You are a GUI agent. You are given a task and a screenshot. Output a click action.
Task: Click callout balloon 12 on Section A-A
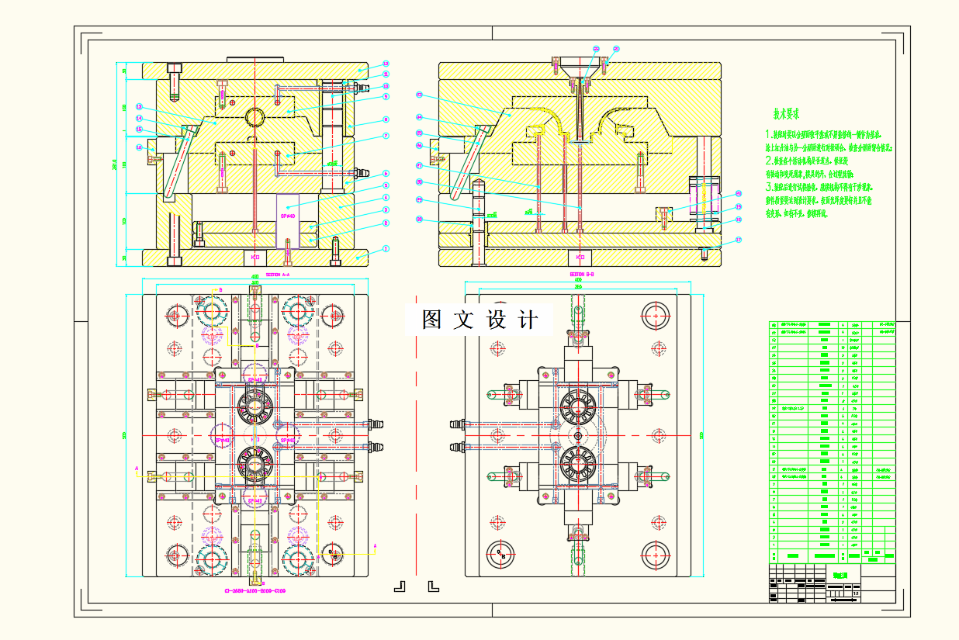point(386,64)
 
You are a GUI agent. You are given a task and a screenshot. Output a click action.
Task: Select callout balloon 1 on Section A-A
point(386,249)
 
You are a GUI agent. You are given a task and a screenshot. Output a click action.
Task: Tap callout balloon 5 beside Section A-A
point(386,186)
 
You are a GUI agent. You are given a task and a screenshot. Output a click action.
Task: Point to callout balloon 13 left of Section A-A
point(139,107)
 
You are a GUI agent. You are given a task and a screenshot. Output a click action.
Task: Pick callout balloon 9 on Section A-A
point(386,97)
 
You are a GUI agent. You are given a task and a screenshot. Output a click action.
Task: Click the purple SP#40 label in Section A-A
point(288,216)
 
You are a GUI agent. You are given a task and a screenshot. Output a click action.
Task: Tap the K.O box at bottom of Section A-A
point(254,256)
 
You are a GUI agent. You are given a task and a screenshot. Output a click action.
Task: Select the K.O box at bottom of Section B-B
point(579,256)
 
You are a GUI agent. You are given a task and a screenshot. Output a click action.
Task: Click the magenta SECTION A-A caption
point(278,275)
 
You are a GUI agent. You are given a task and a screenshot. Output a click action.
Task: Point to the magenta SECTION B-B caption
point(582,275)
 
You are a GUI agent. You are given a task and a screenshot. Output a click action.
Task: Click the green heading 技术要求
point(786,114)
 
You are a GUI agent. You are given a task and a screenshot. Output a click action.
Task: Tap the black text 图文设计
point(479,320)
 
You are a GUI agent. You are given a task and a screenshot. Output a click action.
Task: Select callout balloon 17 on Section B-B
point(739,240)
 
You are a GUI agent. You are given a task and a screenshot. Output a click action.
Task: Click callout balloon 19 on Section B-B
point(739,207)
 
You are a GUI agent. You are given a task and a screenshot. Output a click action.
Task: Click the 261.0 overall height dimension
point(116,164)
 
